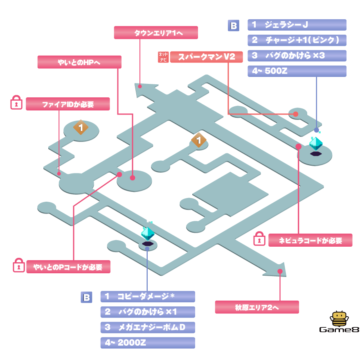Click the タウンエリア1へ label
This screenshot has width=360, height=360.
point(155,33)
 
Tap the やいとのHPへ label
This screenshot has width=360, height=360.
point(79,62)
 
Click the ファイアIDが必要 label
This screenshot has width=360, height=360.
point(67,104)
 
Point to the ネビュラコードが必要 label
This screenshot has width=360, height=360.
point(310,241)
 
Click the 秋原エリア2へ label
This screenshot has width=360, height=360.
point(257,307)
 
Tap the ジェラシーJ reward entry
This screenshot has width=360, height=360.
point(297,25)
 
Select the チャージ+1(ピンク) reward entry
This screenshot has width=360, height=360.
point(297,40)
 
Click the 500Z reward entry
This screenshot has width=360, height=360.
point(297,71)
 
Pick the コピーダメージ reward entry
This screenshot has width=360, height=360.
point(148,296)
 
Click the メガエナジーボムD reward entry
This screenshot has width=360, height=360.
point(148,327)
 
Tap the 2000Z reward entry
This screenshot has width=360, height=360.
point(148,343)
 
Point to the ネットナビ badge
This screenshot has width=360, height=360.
point(163,57)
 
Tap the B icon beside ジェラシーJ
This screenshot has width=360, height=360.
point(233,26)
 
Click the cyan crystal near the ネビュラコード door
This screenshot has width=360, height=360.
point(315,143)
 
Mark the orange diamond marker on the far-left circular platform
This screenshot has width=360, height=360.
point(81,128)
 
